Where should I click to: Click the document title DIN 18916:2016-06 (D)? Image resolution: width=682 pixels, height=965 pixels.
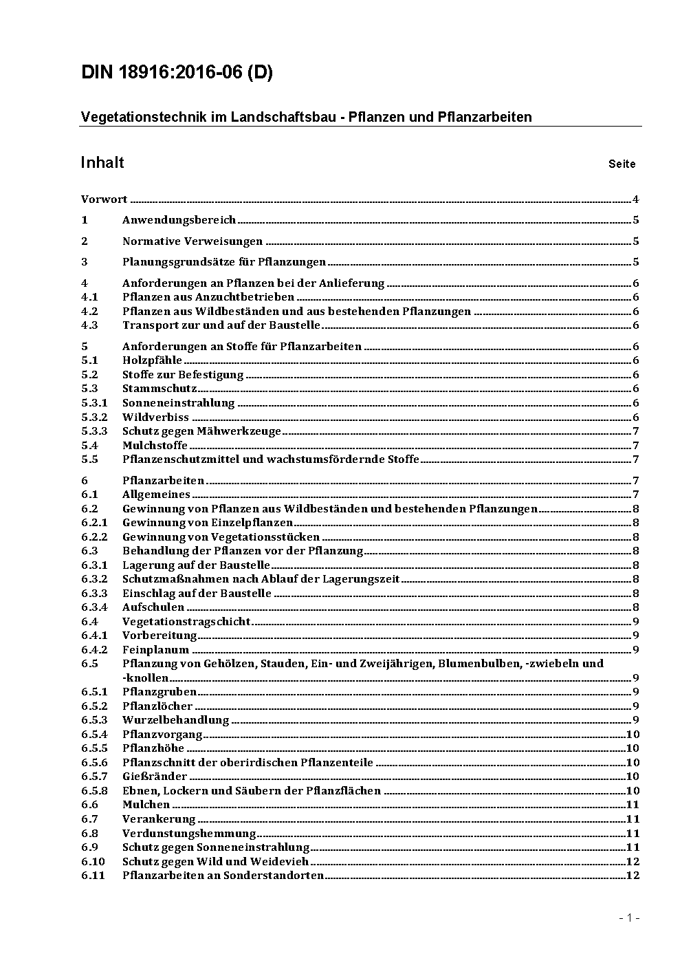[x=177, y=72]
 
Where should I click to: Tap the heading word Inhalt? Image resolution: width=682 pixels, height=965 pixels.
[x=102, y=162]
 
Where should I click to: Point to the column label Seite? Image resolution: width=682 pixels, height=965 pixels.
[x=621, y=164]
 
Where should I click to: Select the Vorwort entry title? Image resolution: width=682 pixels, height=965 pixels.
[x=104, y=199]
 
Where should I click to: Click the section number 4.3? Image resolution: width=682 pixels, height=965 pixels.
[x=89, y=325]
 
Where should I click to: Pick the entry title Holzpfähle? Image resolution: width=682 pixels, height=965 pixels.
[x=152, y=360]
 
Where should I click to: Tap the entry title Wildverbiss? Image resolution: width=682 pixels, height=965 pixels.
[x=155, y=417]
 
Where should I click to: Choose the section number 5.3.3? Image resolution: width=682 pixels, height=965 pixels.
[x=94, y=431]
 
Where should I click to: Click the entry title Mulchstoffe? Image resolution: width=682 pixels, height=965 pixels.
[x=155, y=445]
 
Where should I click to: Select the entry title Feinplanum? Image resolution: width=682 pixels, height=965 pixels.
[x=155, y=649]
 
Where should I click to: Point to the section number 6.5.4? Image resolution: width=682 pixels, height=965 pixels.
[x=94, y=734]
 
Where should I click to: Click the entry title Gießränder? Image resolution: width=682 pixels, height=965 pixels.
[x=155, y=777]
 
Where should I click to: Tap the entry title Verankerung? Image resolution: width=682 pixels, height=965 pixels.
[x=159, y=818]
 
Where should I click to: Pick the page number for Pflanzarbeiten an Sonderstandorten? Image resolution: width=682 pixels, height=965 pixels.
[x=632, y=876]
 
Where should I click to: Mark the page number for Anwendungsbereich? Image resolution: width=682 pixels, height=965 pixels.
[x=636, y=220]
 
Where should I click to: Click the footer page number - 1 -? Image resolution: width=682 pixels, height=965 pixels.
[x=629, y=918]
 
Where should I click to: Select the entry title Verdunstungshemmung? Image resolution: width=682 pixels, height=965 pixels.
[x=189, y=833]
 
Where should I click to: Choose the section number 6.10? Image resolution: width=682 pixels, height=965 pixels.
[x=93, y=861]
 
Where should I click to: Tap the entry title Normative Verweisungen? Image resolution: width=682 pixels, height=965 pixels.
[x=192, y=241]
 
